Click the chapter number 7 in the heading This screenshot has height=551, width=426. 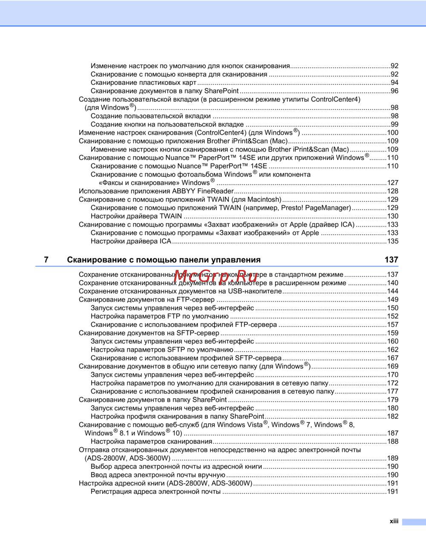click(46, 260)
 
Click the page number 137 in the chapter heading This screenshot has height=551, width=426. click(391, 260)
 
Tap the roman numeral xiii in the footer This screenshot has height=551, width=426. click(394, 521)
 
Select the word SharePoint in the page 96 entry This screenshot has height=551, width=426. click(222, 91)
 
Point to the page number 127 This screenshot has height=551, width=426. click(393, 183)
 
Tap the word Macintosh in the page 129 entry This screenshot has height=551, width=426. click(264, 199)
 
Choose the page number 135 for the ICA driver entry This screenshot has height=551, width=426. click(393, 241)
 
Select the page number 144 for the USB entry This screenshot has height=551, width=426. click(393, 291)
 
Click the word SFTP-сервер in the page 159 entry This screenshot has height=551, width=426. click(198, 333)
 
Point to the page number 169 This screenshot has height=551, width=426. click(393, 366)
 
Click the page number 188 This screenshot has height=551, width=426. click(393, 442)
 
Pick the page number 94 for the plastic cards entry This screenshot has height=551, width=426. click(394, 83)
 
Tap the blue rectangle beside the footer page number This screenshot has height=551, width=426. click(414, 522)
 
